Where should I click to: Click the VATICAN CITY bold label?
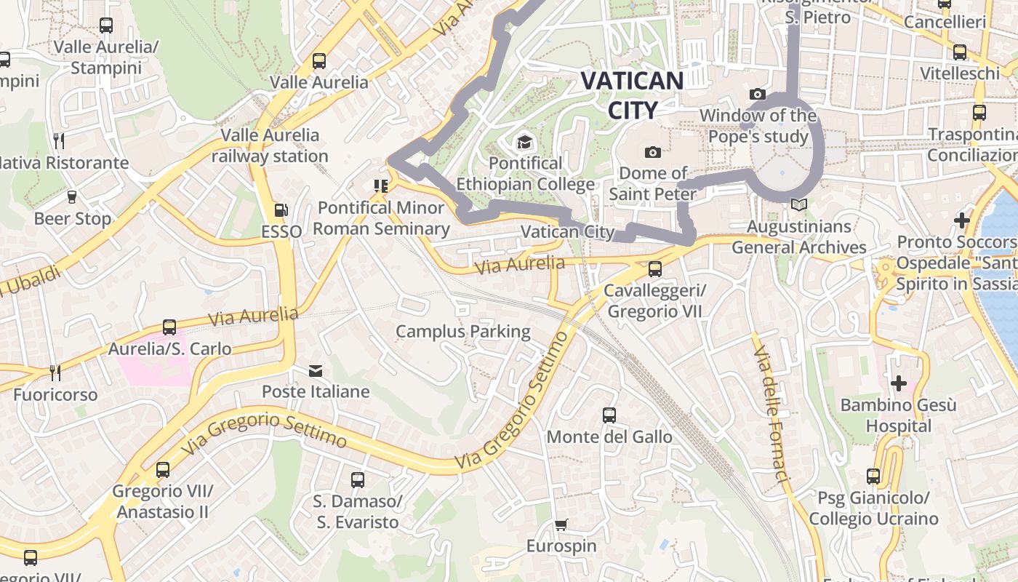click(x=632, y=95)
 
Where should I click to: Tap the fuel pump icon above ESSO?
click(x=281, y=211)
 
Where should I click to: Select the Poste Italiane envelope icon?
click(x=316, y=371)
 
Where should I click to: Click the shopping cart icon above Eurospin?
click(x=561, y=525)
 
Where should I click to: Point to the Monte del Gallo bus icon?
click(x=609, y=415)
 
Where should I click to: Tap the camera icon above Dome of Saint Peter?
click(x=653, y=152)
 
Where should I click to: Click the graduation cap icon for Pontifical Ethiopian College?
click(x=524, y=141)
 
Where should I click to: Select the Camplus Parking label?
click(x=463, y=332)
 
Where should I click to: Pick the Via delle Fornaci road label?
click(x=771, y=415)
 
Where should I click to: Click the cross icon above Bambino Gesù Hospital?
click(x=899, y=383)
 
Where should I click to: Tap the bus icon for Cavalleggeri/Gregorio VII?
click(x=655, y=269)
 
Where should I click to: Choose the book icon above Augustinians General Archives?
click(x=798, y=205)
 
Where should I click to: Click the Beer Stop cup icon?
click(x=72, y=196)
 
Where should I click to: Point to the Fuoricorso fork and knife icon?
click(x=55, y=372)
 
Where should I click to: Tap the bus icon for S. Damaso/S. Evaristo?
click(x=357, y=480)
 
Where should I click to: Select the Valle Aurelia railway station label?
click(x=270, y=145)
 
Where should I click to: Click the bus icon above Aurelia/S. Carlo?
click(x=169, y=327)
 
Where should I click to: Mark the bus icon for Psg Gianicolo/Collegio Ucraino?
click(x=873, y=477)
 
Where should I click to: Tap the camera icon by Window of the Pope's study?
click(x=757, y=94)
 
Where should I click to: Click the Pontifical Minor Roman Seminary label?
click(x=381, y=218)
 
